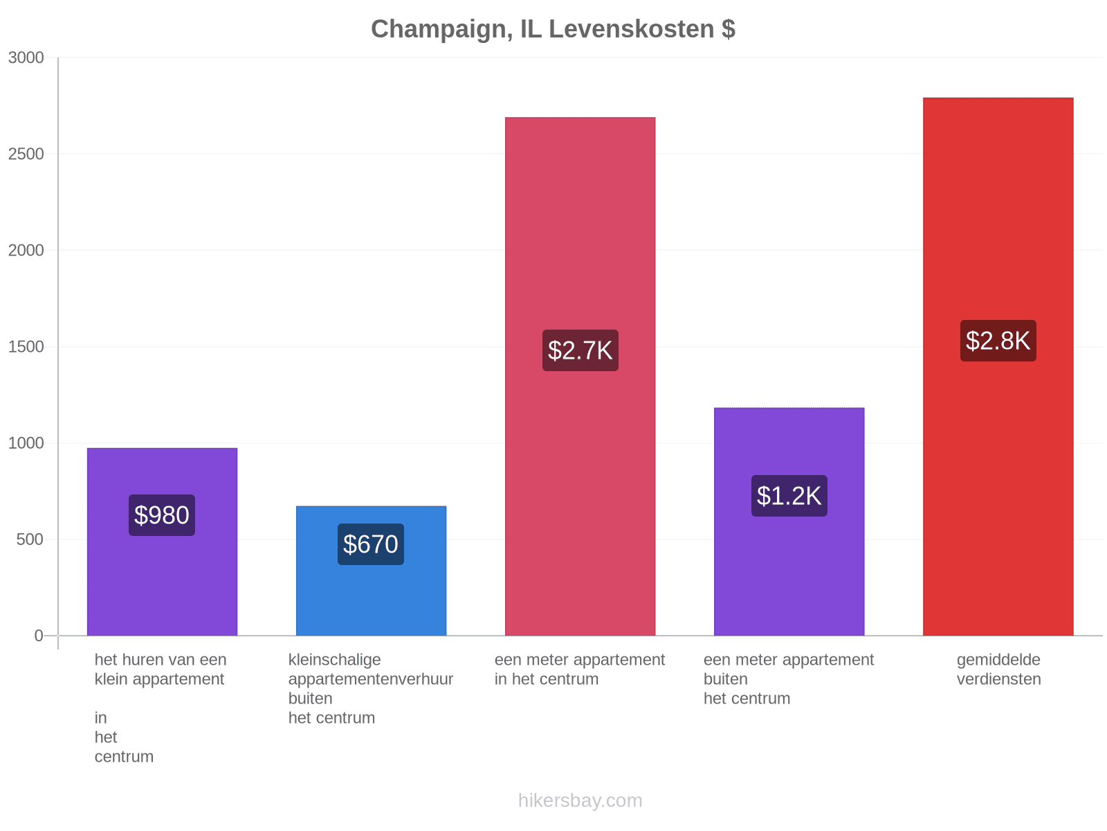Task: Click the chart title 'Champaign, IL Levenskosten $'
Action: [x=553, y=29]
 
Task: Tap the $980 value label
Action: [x=161, y=515]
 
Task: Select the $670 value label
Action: [x=371, y=544]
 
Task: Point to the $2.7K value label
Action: [x=580, y=350]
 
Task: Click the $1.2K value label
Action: [x=789, y=496]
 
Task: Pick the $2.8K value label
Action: [x=998, y=341]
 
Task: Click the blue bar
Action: [x=371, y=571]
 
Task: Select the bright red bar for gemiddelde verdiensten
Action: [x=998, y=367]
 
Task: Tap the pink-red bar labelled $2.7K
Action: [x=580, y=377]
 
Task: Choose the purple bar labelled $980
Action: [x=162, y=542]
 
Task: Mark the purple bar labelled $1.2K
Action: [x=789, y=521]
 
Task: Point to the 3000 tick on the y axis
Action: [x=26, y=57]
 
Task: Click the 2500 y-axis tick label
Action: [x=26, y=154]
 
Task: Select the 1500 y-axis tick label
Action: [x=26, y=347]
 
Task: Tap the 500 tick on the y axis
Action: [x=30, y=539]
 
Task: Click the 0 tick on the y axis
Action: [x=39, y=636]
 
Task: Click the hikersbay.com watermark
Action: [x=580, y=801]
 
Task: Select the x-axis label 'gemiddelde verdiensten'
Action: [x=998, y=670]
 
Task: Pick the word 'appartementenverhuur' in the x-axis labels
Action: [x=371, y=679]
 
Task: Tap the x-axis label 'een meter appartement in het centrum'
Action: [x=580, y=670]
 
